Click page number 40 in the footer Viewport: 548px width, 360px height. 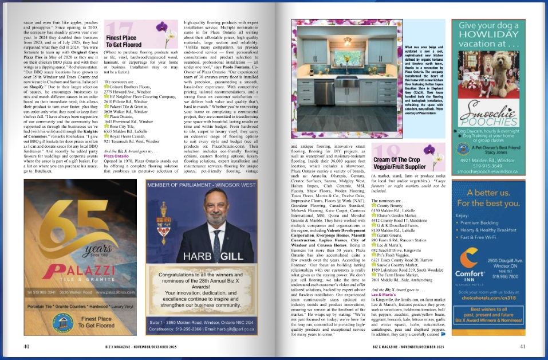pyautogui.click(x=26, y=346)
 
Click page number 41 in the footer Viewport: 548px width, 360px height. pyautogui.click(x=522, y=346)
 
